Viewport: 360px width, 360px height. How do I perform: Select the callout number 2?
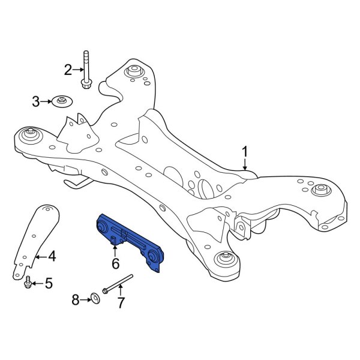(68, 70)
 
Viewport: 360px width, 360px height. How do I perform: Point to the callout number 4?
(52, 257)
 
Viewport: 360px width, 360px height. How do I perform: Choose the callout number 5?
(49, 283)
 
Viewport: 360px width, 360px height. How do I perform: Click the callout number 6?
(116, 263)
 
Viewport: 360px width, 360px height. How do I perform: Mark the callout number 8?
(76, 298)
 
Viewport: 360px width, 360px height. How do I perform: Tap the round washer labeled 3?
(60, 101)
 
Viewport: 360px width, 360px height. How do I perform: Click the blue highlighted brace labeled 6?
(129, 242)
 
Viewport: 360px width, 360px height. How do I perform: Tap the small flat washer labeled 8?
(95, 298)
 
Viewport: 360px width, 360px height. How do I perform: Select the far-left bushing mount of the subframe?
(28, 135)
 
